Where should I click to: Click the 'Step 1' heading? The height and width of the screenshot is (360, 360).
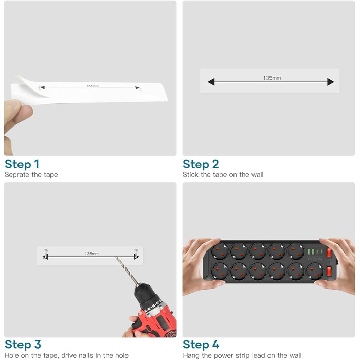22,164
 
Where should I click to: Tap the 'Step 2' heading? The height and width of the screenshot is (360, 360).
201,164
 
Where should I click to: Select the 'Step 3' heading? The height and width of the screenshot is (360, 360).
23,345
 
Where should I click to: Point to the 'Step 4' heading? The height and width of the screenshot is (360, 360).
201,345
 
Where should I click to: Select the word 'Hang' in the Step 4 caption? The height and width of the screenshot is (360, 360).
191,355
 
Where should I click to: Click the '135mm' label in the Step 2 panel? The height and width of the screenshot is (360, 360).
272,78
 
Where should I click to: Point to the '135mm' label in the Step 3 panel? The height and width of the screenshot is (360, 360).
92,253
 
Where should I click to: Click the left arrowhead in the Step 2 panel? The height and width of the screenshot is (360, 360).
211,82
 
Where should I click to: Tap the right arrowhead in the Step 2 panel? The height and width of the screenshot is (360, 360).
331,82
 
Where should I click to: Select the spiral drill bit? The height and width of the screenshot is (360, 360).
128,273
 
